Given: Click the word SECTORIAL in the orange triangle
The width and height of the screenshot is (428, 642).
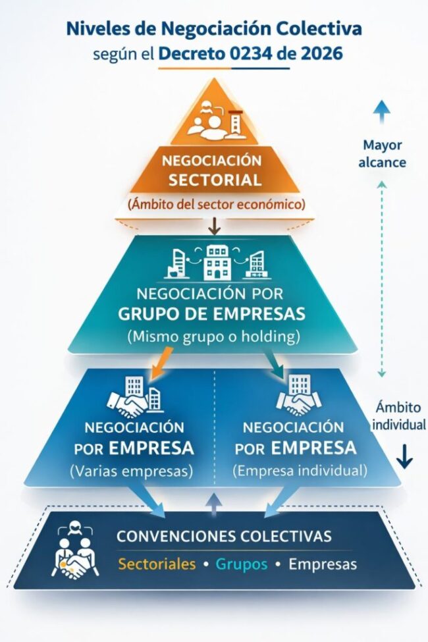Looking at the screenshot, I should coord(215,180).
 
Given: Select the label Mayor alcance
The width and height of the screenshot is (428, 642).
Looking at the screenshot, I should coord(382,153).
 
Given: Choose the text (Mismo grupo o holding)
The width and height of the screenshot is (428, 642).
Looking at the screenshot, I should coord(213,336).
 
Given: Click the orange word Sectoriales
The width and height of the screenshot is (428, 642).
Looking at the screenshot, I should coord(157,564).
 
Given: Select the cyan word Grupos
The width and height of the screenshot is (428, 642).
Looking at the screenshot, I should coord(242,564).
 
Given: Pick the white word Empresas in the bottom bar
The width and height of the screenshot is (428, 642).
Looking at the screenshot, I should coord(323,564).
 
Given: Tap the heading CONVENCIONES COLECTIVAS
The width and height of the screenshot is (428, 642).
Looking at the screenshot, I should coord(224,536).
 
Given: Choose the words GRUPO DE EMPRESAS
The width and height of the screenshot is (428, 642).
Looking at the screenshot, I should coord(212,313).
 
